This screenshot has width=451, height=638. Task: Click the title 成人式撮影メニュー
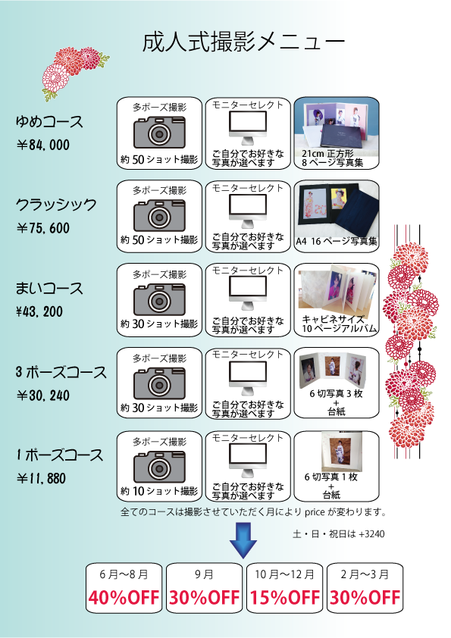[x=243, y=42]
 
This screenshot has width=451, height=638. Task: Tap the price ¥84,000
[x=43, y=145]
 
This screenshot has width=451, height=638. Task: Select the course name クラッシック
[x=56, y=205]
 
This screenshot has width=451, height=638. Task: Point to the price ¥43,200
[x=39, y=311]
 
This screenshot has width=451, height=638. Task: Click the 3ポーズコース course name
[x=61, y=372]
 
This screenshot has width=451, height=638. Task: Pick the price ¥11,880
[x=41, y=478]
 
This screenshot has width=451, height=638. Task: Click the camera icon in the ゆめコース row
[x=159, y=133]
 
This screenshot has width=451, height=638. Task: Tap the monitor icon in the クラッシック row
[x=247, y=211]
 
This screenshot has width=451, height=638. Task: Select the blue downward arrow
[x=243, y=540]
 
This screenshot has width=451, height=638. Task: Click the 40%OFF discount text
[x=124, y=597]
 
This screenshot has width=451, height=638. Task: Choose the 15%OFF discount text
[x=284, y=597]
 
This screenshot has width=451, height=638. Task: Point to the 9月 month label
[x=204, y=574]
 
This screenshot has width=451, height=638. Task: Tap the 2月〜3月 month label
[x=365, y=574]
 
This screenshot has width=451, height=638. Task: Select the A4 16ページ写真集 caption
[x=337, y=241]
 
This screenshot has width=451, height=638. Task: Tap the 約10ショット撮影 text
[x=159, y=491]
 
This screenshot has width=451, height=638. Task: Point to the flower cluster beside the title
[x=74, y=72]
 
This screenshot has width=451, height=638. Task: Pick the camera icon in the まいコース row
[x=159, y=300]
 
